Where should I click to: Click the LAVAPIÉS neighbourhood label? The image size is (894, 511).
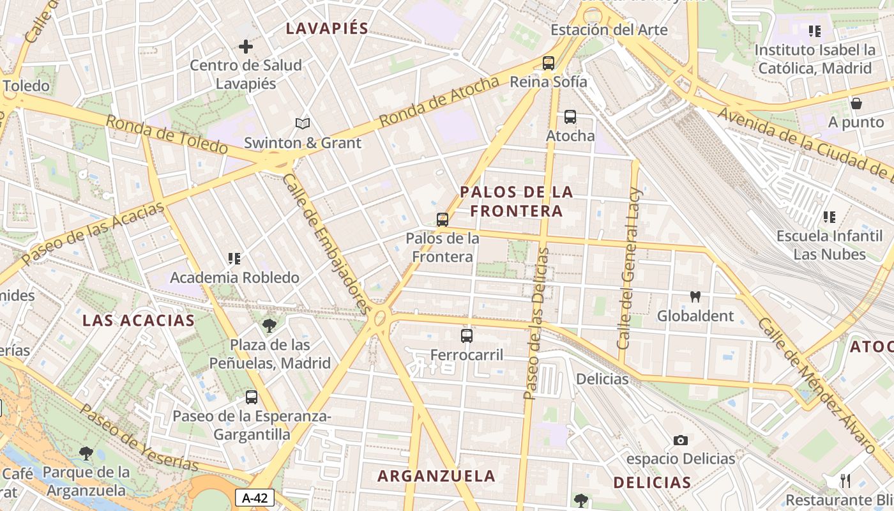click(327, 28)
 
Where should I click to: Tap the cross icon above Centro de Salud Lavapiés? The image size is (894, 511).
click(245, 47)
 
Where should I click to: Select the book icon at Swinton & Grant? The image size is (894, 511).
click(303, 123)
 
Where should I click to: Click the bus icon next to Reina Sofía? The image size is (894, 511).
click(548, 63)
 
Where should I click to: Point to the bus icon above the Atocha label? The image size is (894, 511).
click(570, 117)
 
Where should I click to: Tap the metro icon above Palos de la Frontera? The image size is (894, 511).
click(442, 220)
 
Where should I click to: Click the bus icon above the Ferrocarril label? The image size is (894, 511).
click(467, 335)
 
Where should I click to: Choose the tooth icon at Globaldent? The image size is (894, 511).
click(695, 296)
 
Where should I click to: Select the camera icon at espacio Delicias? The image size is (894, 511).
click(681, 440)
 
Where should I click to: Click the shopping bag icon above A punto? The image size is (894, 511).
click(856, 103)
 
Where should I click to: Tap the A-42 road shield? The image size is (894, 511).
click(255, 498)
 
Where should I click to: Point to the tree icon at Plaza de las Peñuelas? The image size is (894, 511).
click(269, 326)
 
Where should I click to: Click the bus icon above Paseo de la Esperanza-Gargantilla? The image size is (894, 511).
click(252, 397)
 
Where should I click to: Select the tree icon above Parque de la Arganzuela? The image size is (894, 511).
click(86, 454)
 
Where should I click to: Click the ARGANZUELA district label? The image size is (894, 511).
click(436, 476)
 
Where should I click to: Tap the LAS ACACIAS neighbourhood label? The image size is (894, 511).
click(138, 321)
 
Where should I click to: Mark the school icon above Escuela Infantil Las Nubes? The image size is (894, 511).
click(829, 217)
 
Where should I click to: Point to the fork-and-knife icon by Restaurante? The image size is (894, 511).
click(845, 481)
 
